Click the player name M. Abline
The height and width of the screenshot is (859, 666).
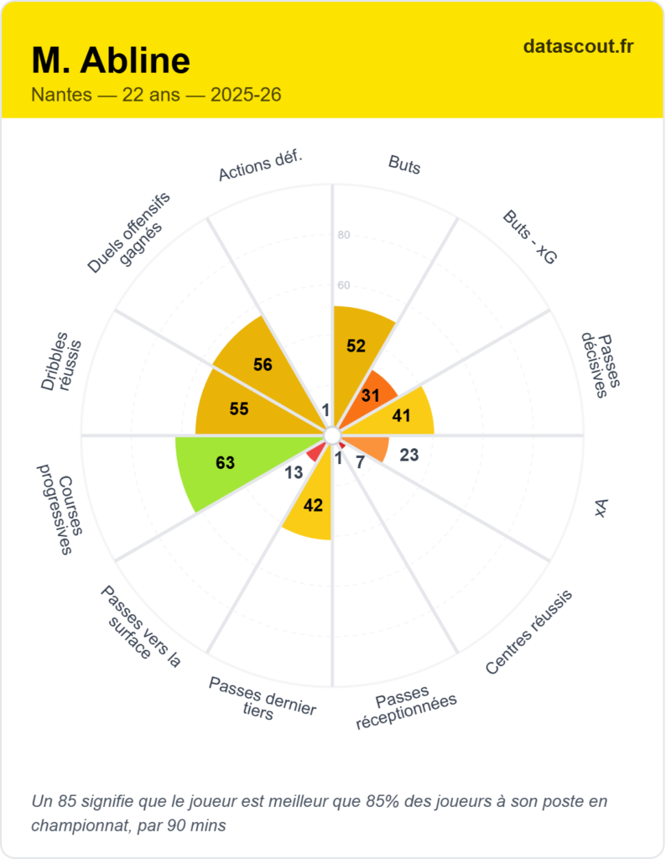pos(111,60)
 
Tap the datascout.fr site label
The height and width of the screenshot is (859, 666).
pos(578,46)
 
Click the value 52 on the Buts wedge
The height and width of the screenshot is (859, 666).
pos(356,346)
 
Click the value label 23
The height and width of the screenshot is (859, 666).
pos(409,456)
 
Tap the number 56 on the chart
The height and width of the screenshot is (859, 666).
pos(263,365)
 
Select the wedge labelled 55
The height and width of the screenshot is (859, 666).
pos(239,409)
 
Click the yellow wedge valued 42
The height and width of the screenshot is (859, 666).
pos(313,505)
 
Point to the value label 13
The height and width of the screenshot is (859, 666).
pos(294,473)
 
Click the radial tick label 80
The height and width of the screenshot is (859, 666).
pos(344,235)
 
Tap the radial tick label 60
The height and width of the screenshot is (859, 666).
pos(344,285)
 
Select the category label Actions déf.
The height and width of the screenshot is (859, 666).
pos(260,165)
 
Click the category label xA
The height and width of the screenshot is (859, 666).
pos(601,508)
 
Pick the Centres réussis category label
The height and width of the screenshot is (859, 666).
pos(528,632)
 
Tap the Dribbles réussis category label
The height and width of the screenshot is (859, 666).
pos(62,366)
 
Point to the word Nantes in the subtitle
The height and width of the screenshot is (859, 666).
pos(60,95)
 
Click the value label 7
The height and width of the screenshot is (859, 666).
pos(359,462)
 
